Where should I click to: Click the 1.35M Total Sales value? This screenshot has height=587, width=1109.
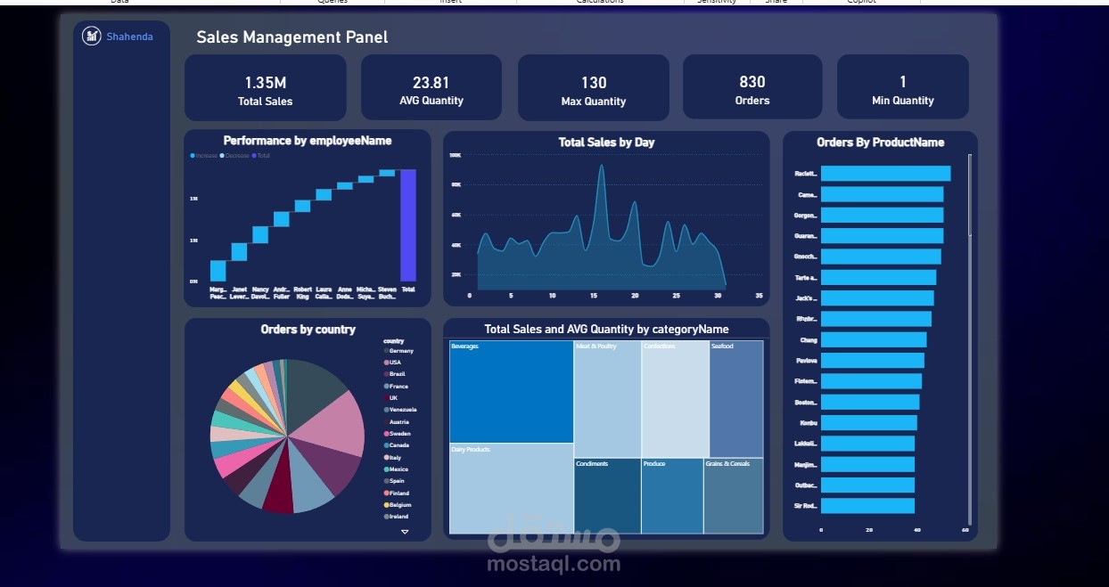point(265,83)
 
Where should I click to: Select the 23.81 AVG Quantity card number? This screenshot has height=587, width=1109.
point(431,82)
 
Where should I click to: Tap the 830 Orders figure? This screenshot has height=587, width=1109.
point(752,82)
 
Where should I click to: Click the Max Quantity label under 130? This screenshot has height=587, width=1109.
point(593,102)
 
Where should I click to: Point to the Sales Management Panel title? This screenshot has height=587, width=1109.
point(292,37)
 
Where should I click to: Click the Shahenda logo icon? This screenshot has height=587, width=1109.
point(91,36)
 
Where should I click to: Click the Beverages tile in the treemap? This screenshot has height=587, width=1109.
point(511,392)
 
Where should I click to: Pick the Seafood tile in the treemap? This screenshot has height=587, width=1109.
point(735,398)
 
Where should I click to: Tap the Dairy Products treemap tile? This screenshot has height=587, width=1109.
point(511,488)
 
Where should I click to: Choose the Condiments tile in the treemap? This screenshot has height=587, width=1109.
point(606,495)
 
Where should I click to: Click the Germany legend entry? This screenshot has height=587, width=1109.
point(400,351)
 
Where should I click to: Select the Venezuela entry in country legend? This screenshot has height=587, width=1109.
point(401,410)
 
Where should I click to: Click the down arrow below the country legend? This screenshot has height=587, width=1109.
point(405,532)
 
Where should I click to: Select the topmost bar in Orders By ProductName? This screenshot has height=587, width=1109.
point(884,174)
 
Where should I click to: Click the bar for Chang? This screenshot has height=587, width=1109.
point(873,339)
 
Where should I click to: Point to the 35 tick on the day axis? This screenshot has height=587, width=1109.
point(759,296)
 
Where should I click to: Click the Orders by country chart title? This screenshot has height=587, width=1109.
point(308,330)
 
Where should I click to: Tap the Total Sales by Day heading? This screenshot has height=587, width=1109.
point(606,143)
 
